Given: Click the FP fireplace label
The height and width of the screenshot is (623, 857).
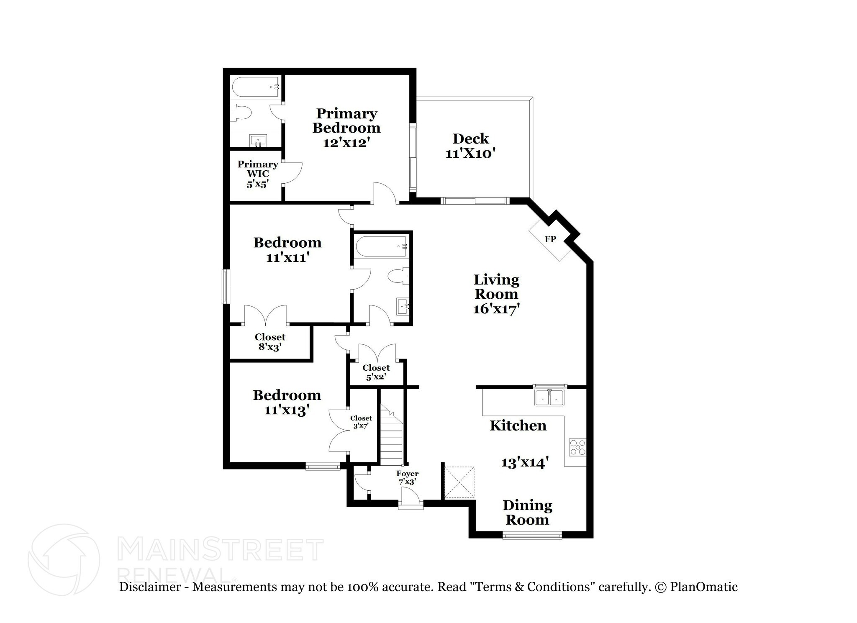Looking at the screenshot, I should (550, 239).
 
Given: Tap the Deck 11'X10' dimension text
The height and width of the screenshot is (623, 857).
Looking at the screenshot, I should (470, 154).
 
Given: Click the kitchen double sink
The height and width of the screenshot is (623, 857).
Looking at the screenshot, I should (549, 397).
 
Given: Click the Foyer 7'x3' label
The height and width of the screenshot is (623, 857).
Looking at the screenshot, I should (407, 477).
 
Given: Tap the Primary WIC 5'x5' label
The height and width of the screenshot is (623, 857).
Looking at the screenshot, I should (257, 174).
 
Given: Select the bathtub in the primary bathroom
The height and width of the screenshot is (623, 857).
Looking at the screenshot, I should (256, 87).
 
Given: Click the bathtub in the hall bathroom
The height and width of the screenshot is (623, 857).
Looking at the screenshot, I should (381, 246).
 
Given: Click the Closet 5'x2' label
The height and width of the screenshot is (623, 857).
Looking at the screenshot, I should (376, 372).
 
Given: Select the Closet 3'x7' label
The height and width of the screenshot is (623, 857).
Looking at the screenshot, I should (361, 422).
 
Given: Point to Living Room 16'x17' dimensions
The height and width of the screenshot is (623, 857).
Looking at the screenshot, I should (496, 309).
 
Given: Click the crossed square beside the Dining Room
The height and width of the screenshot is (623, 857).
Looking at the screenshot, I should (459, 482).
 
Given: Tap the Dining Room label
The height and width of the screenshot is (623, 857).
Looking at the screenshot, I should (527, 512).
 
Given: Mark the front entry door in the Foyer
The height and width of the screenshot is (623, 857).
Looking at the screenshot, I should (411, 500).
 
